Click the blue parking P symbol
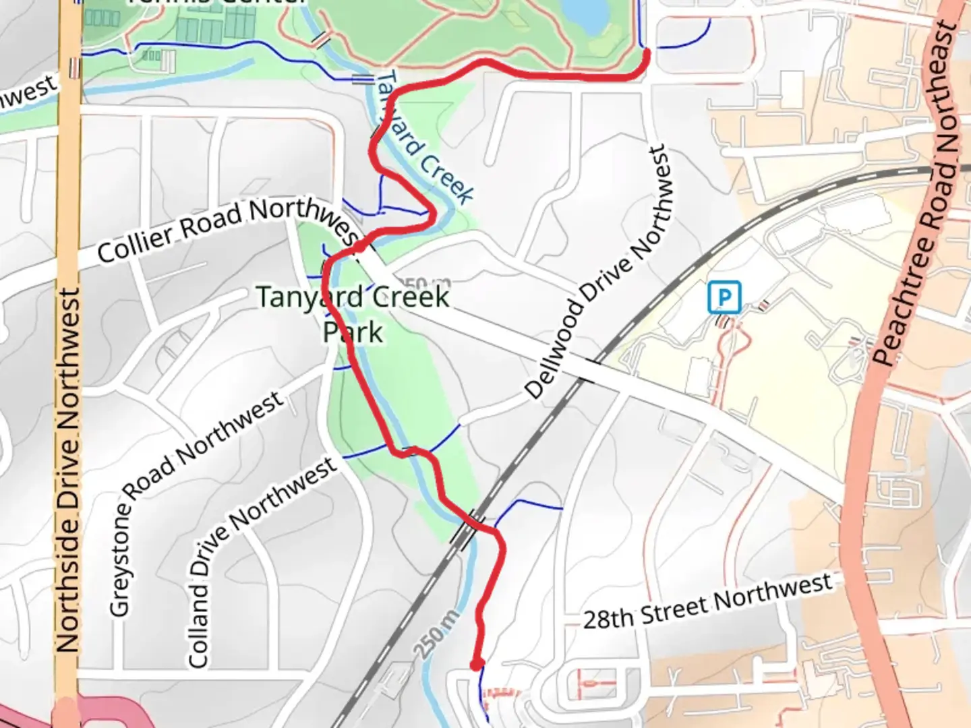pos(724,297)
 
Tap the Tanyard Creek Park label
pos(353,314)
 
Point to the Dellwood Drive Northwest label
pos(596,273)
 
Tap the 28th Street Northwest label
pos(707,601)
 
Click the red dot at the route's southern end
pos(477,665)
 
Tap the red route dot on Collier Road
pos(360,247)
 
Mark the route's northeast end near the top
pos(646,51)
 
